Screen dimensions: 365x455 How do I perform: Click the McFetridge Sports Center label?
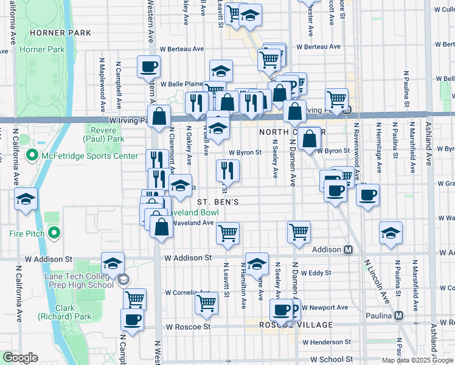[x=89, y=156]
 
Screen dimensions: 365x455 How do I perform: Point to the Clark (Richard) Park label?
[x=72, y=312]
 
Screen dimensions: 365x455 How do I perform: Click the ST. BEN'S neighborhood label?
[x=221, y=201]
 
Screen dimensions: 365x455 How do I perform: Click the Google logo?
[x=20, y=358]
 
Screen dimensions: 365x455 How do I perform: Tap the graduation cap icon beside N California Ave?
[x=26, y=200]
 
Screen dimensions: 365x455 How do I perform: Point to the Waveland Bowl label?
[x=196, y=213]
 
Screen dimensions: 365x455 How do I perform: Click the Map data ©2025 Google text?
[x=418, y=360]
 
